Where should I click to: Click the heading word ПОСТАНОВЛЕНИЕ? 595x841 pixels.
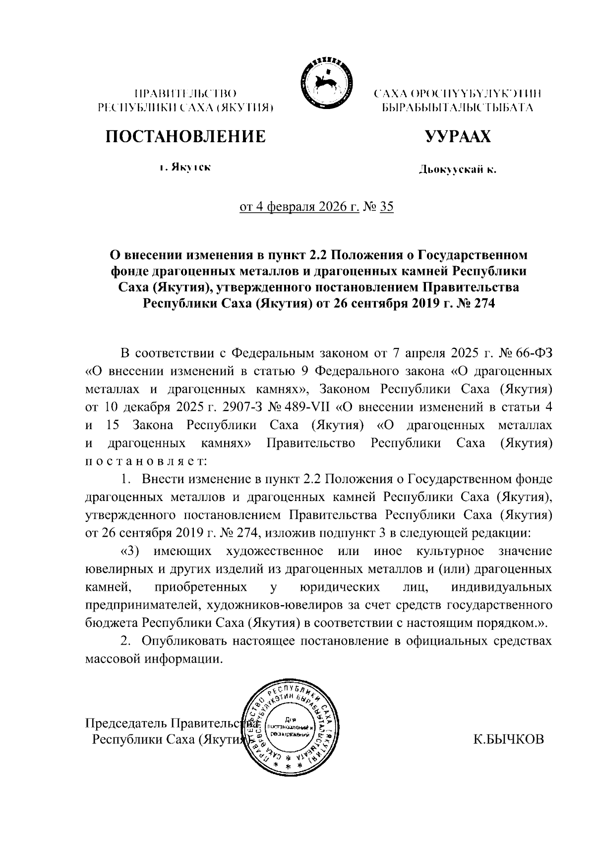coord(184,136)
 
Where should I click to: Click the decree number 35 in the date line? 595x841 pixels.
coord(386,206)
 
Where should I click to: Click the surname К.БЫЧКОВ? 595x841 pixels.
coord(509,740)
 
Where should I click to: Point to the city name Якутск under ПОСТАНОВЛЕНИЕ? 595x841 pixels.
coord(190,168)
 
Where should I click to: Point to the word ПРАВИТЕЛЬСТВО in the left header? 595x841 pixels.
coord(186,93)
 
